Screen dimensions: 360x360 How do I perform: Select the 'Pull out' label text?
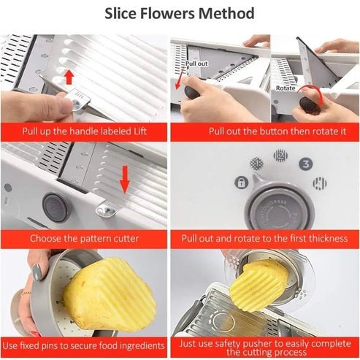pos(196,64)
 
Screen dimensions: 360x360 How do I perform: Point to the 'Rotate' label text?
pos(286,88)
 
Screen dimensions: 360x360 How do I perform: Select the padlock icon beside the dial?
pos(238,183)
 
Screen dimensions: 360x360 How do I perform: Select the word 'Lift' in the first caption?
pos(145,131)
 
